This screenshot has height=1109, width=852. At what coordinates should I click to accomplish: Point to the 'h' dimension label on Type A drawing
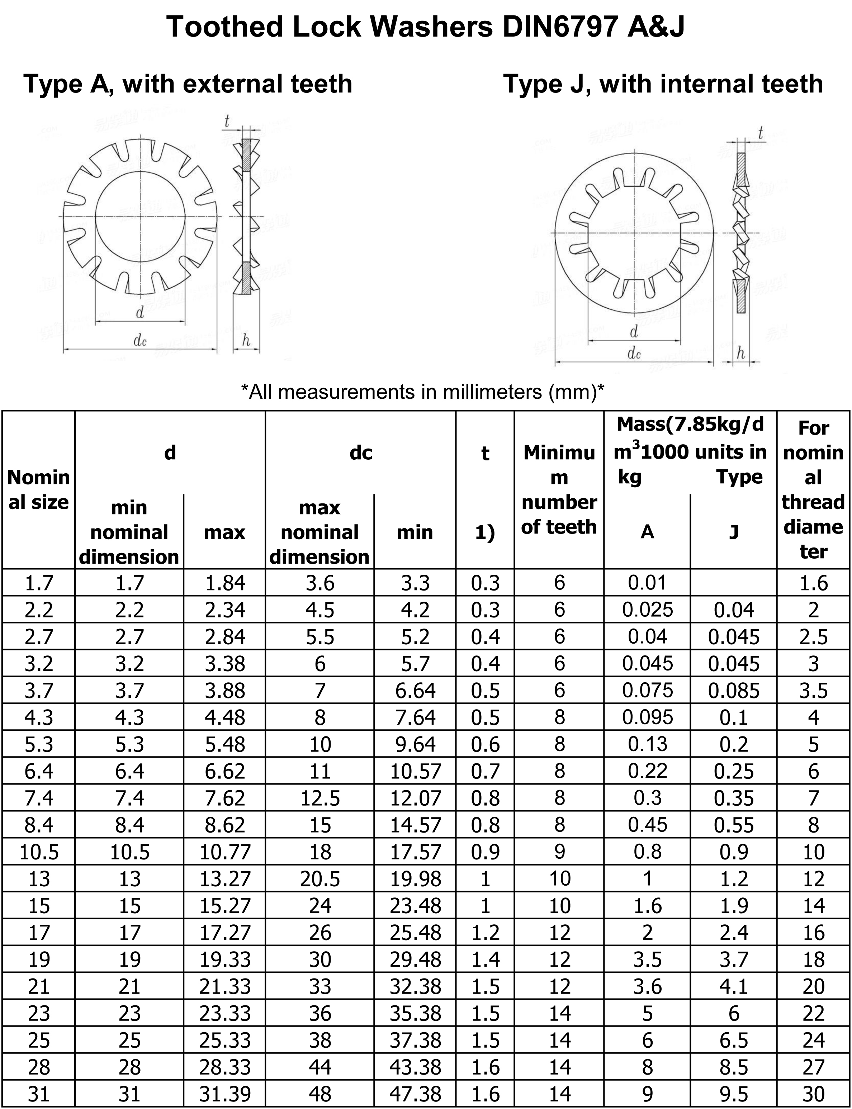[x=246, y=340]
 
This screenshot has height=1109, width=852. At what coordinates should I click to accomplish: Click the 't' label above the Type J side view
[x=760, y=133]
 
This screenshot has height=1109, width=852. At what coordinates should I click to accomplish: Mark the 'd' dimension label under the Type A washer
[x=140, y=312]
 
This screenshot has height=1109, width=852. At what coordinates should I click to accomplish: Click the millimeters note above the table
[x=422, y=392]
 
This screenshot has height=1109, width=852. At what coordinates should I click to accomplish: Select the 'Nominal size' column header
[x=38, y=489]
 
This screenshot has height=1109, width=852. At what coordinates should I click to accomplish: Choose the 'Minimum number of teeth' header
[x=559, y=489]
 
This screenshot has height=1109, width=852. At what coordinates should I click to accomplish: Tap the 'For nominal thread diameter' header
[x=814, y=489]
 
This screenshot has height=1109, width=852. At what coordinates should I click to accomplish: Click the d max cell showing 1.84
[x=225, y=583]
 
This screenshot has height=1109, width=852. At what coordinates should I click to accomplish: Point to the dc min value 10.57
[x=415, y=771]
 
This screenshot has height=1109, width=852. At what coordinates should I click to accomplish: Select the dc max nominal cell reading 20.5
[x=319, y=879]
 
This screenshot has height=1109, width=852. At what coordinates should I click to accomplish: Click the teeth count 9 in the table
[x=559, y=852]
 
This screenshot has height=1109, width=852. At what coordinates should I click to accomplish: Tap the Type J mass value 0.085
[x=733, y=691]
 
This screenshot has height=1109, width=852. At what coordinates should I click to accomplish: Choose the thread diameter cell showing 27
[x=814, y=1067]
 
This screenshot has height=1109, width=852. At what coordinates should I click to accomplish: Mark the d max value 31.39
[x=225, y=1094]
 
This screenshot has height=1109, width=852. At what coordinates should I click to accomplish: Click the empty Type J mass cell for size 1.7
[x=733, y=583]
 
